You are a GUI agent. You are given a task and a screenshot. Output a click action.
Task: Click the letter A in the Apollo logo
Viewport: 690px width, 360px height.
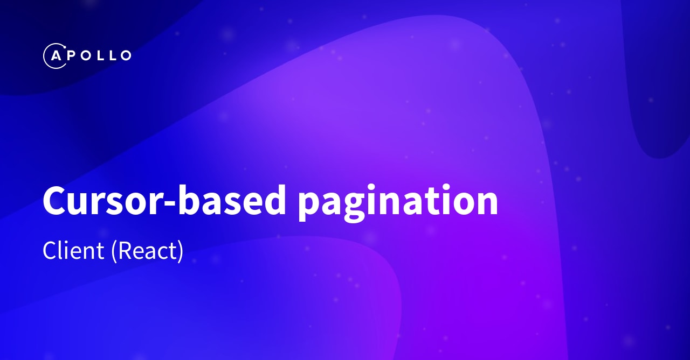55,55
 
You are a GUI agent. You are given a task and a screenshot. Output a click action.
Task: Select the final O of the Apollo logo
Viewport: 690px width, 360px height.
125,55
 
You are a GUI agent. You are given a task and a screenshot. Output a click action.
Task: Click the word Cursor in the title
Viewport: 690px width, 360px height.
95,200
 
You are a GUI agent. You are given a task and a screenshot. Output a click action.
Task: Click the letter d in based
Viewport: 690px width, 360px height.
272,199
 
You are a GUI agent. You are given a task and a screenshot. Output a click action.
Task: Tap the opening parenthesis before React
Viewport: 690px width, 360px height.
114,252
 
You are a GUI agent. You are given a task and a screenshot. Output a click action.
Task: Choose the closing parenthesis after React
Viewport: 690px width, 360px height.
180,252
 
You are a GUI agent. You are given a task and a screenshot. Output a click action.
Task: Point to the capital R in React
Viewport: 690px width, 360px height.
124,251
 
